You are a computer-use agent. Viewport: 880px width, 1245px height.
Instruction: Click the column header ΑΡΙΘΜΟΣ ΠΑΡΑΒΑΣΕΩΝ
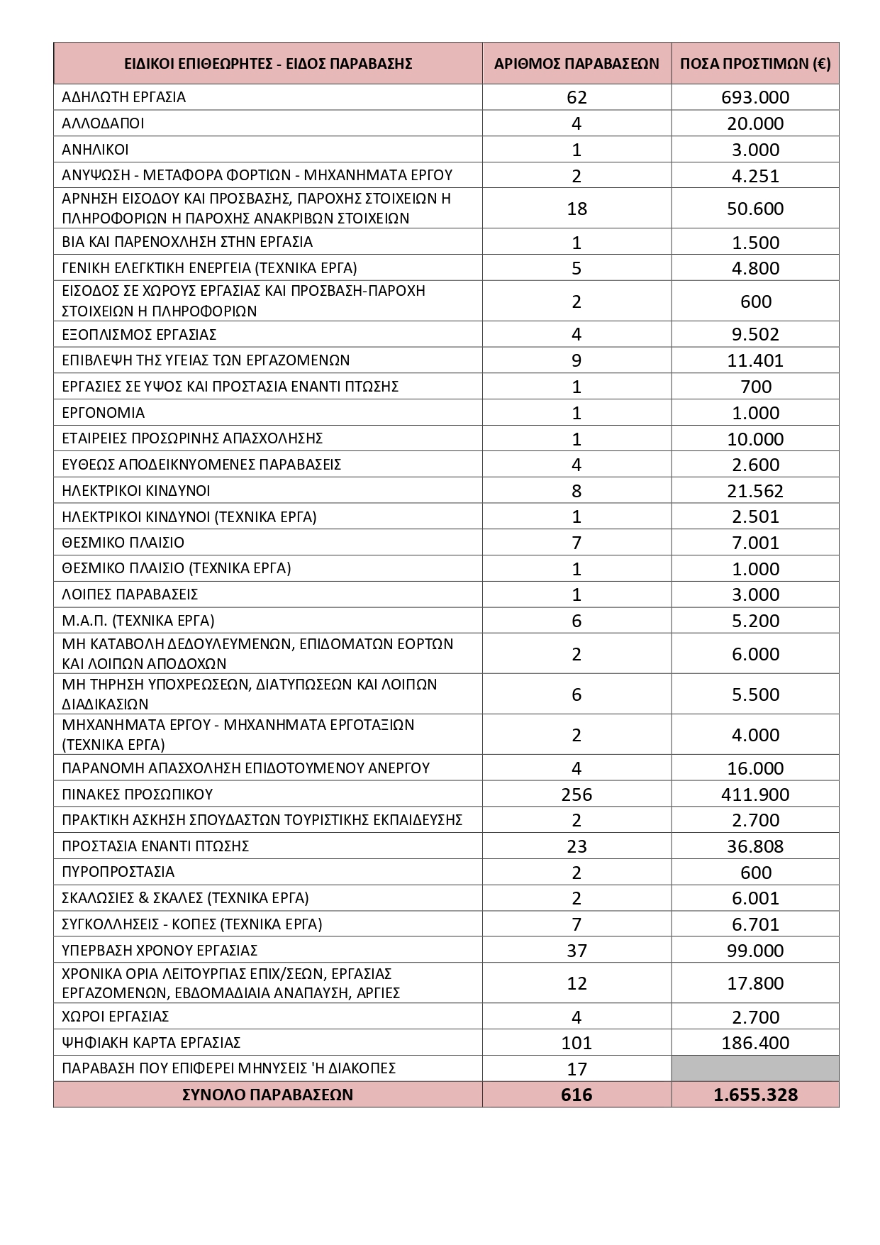coord(577,63)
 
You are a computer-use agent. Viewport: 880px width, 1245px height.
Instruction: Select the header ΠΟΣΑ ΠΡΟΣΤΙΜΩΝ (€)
coord(755,63)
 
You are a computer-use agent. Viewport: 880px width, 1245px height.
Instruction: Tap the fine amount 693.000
coord(755,97)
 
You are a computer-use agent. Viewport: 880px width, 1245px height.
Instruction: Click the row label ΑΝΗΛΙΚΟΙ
coord(96,149)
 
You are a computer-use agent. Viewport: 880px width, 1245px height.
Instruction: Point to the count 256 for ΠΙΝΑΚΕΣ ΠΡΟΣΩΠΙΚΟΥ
coord(577,795)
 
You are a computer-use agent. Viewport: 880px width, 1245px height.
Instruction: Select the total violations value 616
coord(577,1095)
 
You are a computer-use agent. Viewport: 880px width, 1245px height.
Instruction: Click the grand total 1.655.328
coord(755,1095)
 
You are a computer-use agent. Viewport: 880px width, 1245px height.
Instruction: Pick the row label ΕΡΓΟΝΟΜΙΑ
coord(104,412)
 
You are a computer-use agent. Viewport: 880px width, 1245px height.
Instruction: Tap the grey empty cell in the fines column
coord(755,1068)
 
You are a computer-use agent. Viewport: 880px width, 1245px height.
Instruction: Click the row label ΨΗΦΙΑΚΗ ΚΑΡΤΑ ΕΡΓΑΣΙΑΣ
coord(152,1042)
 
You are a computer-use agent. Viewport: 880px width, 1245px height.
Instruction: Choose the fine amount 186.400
coord(755,1043)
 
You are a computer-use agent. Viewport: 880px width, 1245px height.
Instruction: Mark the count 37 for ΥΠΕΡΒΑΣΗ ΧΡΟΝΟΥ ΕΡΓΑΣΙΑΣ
coord(577,951)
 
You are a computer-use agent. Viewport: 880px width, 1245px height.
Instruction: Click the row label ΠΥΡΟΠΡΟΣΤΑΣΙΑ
coord(118,871)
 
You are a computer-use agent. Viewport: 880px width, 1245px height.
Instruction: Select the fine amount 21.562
coord(755,491)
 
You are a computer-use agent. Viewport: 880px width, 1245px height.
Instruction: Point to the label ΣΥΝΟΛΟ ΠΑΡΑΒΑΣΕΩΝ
coord(267,1095)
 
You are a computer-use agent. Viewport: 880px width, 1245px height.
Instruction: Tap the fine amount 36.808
coord(755,846)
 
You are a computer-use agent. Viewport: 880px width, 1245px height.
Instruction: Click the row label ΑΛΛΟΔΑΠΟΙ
coord(104,123)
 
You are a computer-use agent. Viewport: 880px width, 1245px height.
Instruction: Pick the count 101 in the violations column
coord(577,1043)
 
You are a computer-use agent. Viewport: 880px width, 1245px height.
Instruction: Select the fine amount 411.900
coord(755,795)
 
